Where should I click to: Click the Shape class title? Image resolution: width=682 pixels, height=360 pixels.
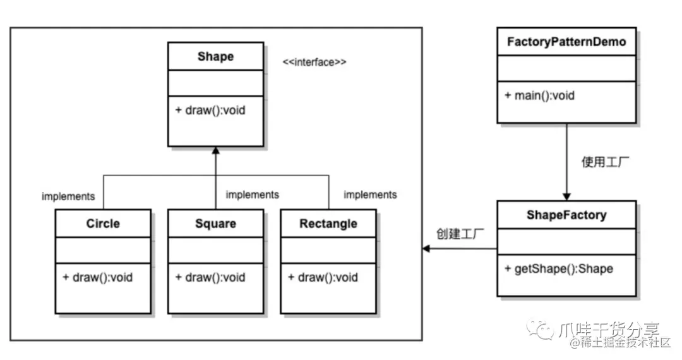coord(215,57)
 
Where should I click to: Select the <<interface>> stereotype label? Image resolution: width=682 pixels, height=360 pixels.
coord(314,63)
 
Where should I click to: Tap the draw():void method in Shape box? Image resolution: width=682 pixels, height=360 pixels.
coord(210,110)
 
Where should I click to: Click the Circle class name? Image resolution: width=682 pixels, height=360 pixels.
coord(103,224)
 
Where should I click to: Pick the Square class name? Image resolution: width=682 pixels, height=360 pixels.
coord(215,224)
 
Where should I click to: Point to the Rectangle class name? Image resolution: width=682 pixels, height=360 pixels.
coord(328,224)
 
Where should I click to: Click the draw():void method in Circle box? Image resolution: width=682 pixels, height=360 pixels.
coord(98,277)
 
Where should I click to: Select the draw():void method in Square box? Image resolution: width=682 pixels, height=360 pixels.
coord(210,277)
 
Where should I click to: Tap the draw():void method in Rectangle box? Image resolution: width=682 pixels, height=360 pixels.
coord(323,277)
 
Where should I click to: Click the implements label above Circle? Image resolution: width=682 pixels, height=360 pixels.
coord(68,196)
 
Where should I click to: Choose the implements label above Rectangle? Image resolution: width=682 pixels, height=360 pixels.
coord(370,195)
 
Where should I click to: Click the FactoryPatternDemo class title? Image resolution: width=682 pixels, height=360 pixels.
coord(566,42)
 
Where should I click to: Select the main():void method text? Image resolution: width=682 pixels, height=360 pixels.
coord(540,96)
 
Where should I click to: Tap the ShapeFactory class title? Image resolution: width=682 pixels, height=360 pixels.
coord(566,215)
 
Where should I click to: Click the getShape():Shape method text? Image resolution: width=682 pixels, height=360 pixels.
coord(559,268)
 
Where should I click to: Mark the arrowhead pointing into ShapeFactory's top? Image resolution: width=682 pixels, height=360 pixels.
coord(566,196)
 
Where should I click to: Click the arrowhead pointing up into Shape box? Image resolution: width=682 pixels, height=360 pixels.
coord(215,150)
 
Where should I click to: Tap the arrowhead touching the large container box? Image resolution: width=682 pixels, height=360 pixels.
coord(427,249)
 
